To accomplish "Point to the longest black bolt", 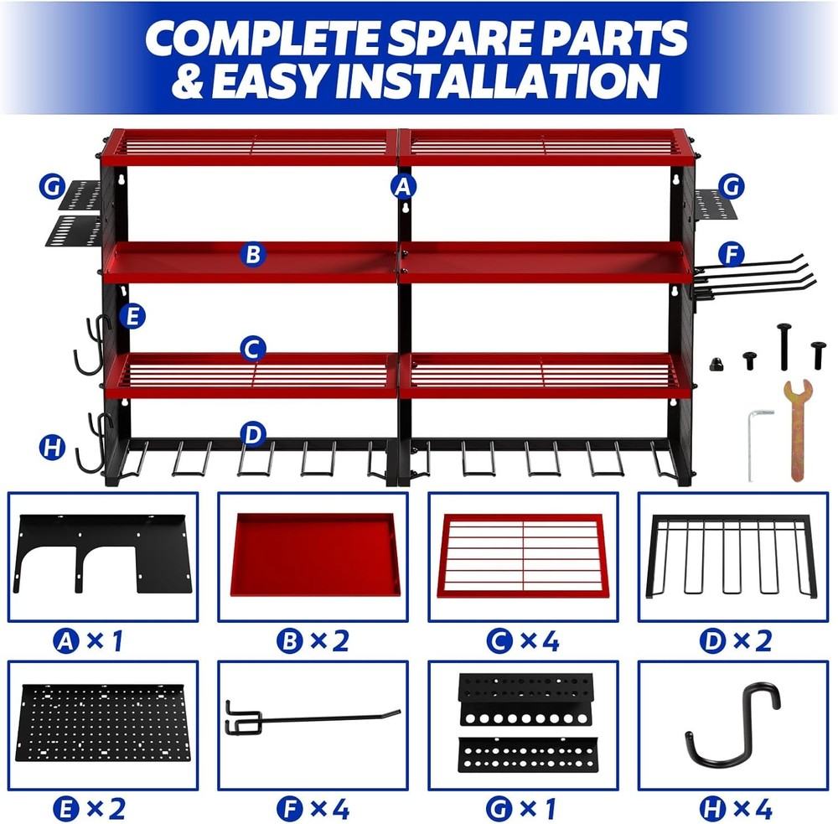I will point(784,344).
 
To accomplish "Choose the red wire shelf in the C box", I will point(522,556).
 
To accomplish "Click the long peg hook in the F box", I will point(310,719).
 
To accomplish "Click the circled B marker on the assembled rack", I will point(252,254).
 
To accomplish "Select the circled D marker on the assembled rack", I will point(252,434).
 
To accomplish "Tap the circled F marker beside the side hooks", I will point(732,253).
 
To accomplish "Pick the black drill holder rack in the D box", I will point(732,556).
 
